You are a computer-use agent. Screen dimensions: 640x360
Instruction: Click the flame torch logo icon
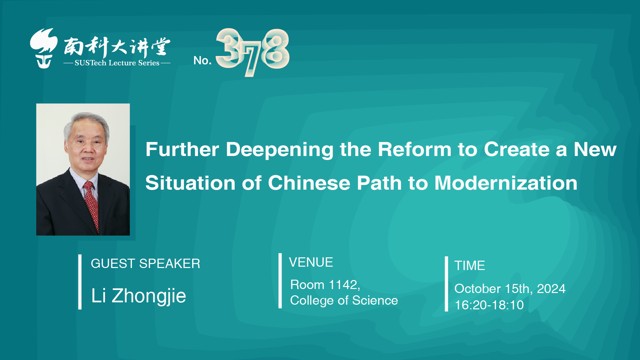[x=44, y=48]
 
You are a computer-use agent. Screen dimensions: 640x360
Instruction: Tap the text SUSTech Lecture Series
[x=117, y=63]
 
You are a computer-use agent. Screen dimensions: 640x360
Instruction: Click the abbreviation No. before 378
[x=203, y=60]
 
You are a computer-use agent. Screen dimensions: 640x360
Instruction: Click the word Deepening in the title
[x=280, y=149]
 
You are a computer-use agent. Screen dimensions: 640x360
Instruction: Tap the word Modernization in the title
[x=506, y=183]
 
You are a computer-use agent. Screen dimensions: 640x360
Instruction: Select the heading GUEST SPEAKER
[x=145, y=264]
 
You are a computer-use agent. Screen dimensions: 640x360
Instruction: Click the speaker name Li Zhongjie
[x=139, y=296]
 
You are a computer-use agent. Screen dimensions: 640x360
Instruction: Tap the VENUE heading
[x=311, y=262]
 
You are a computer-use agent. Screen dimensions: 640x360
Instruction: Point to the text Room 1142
[x=325, y=285]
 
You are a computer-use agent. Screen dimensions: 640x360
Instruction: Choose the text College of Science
[x=344, y=301]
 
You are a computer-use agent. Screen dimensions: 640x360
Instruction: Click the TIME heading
[x=470, y=266]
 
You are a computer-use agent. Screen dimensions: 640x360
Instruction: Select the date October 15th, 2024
[x=510, y=289]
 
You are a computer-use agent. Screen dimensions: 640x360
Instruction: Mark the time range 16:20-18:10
[x=489, y=305]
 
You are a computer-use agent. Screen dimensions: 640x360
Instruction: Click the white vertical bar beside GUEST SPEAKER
[x=80, y=282]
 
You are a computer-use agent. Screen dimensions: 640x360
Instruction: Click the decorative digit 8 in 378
[x=276, y=49]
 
